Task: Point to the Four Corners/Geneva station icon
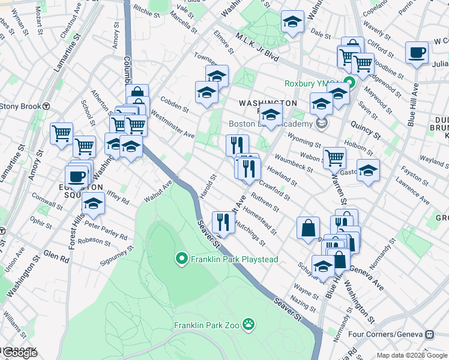(x=429, y=334)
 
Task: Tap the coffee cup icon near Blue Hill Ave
(x=417, y=53)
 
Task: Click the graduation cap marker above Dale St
(x=292, y=23)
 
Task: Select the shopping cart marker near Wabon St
(x=334, y=158)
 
